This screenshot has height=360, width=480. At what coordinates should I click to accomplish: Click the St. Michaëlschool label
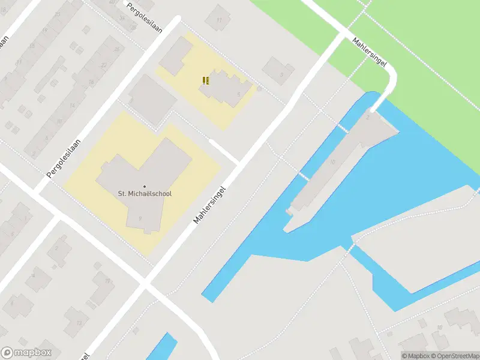(x=144, y=193)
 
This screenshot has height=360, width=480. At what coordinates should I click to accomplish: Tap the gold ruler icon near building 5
(x=206, y=80)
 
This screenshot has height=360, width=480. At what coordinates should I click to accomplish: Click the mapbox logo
(x=26, y=353)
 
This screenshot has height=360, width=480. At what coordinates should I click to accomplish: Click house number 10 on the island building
(x=332, y=162)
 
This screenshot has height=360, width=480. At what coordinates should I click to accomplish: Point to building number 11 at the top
(x=219, y=20)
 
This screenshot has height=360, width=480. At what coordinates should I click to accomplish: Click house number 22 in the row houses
(x=104, y=65)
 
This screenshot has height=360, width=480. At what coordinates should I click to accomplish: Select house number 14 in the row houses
(x=72, y=106)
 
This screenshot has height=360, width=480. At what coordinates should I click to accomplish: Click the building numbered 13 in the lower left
(x=78, y=323)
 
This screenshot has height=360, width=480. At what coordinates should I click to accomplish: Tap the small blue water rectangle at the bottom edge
(x=161, y=348)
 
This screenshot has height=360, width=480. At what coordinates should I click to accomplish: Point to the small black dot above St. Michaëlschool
(x=144, y=185)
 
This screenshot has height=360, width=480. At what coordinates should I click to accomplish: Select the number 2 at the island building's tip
(x=367, y=118)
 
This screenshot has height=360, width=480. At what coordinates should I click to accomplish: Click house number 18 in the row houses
(x=91, y=82)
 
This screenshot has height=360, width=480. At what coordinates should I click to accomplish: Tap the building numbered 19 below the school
(x=107, y=281)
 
